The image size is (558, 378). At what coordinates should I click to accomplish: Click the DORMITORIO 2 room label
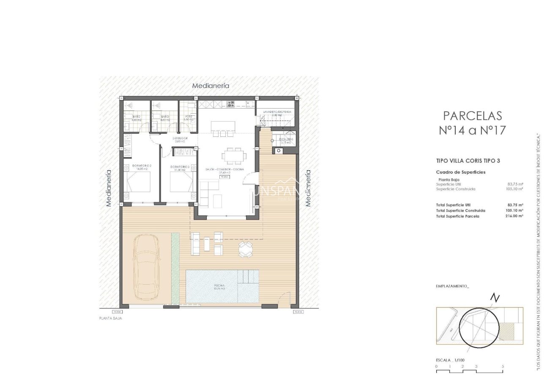(142, 166)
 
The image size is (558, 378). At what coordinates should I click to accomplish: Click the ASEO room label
(188, 116)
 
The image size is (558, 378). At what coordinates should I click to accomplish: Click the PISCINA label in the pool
(219, 286)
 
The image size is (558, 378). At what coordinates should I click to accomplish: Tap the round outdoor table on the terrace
(246, 249)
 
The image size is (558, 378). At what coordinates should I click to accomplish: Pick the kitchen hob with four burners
(231, 103)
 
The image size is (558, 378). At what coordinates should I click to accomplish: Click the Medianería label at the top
(211, 85)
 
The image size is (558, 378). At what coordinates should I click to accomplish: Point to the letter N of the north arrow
(495, 298)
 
